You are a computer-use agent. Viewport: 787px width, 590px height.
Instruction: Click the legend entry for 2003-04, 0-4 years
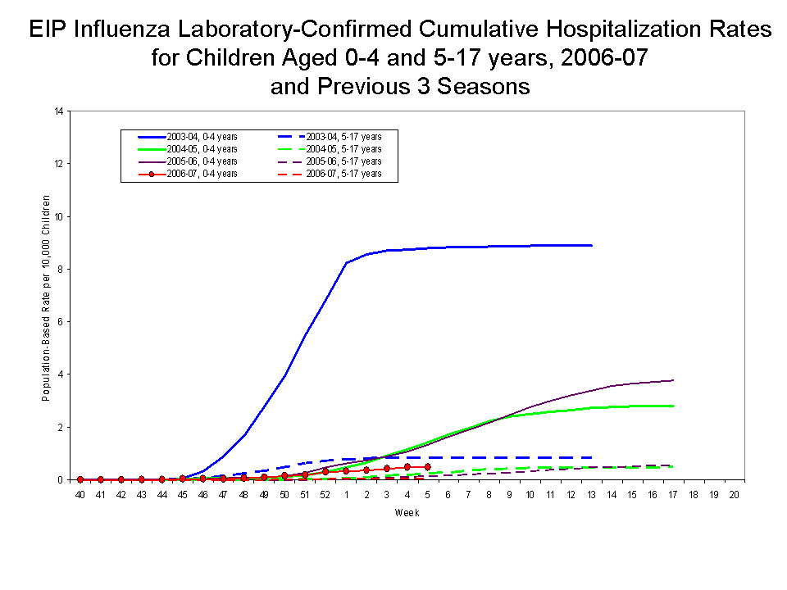click(202, 136)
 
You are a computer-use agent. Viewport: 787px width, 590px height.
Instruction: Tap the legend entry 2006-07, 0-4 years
click(202, 174)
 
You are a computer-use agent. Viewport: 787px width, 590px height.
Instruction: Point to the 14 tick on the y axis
click(58, 111)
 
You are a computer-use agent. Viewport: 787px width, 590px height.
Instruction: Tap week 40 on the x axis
click(80, 496)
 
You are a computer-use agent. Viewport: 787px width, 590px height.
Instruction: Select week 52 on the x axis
click(325, 496)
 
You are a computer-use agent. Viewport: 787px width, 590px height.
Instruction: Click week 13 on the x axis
click(591, 496)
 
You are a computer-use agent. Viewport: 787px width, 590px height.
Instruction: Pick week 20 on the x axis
click(734, 496)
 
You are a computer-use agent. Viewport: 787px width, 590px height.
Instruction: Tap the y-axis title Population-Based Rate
click(47, 297)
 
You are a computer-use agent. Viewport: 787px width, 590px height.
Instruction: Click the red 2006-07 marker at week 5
click(427, 466)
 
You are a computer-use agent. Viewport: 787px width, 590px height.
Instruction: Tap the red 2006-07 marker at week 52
click(325, 471)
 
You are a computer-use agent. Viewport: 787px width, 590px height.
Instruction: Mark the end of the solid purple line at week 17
click(673, 380)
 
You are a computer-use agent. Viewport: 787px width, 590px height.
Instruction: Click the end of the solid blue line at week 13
click(591, 245)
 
